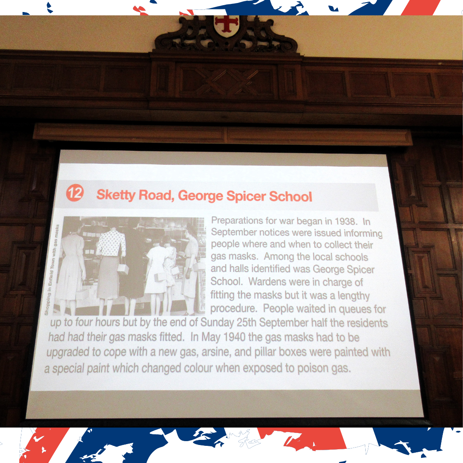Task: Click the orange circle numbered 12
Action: click(x=75, y=193)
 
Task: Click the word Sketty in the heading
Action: click(x=116, y=195)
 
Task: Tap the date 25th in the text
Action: click(x=246, y=322)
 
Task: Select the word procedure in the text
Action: click(x=233, y=309)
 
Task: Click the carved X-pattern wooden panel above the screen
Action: click(x=227, y=81)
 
